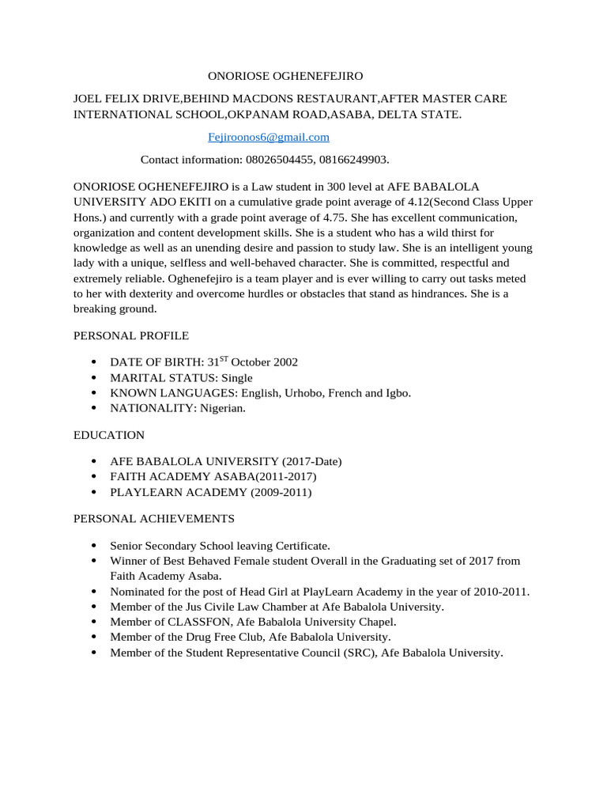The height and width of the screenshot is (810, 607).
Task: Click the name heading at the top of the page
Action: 285,77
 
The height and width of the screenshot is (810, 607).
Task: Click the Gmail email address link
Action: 268,137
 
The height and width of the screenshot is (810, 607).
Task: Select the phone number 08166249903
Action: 353,160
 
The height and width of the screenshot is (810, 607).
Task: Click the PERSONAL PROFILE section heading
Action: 131,335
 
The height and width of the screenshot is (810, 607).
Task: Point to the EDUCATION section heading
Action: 109,435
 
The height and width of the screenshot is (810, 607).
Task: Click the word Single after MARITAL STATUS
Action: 236,377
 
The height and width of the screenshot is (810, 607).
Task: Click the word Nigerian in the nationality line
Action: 222,408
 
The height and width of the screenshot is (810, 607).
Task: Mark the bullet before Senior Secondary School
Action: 94,546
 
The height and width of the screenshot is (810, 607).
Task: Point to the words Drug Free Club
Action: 230,637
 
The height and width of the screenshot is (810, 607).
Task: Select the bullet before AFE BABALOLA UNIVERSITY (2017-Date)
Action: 94,461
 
